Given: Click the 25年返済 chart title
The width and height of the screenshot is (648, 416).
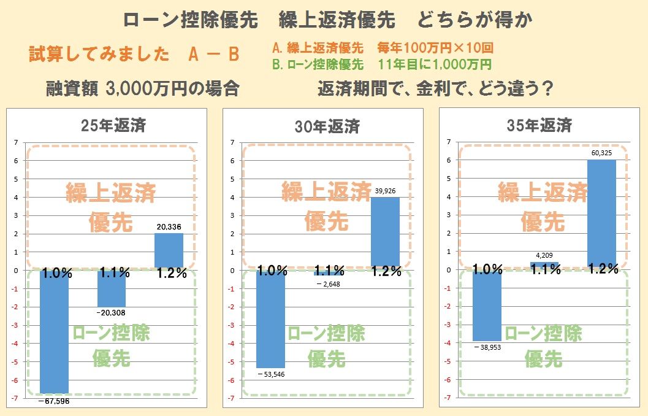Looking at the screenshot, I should pos(113,127).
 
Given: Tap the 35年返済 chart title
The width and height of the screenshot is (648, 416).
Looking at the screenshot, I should pos(539,126).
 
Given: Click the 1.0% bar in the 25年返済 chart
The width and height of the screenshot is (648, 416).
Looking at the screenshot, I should pos(54,331).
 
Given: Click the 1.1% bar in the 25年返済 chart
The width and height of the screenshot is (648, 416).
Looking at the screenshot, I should pos(111,289).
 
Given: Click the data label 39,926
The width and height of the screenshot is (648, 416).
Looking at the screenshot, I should pos(385,191).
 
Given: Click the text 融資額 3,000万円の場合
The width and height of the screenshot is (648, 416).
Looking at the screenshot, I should pos(142,89).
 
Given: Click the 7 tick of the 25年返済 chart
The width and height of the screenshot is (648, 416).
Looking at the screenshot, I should pos(18,142).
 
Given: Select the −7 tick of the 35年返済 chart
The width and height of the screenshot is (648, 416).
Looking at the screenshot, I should pos(449,398).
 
